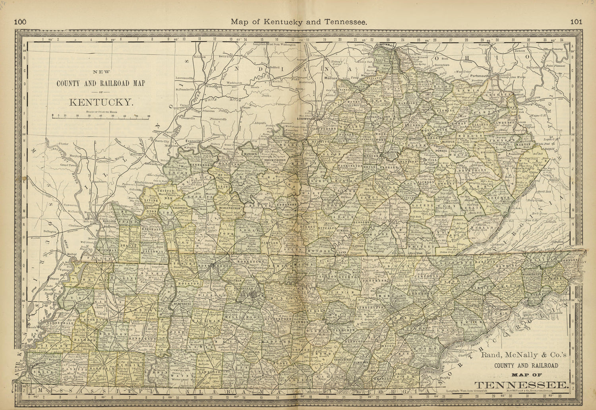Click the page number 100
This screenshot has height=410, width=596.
click(x=20, y=22)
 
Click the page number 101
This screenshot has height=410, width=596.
click(x=576, y=22)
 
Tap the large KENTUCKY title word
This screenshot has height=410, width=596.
click(x=101, y=102)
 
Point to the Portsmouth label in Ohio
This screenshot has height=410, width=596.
click(x=479, y=75)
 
